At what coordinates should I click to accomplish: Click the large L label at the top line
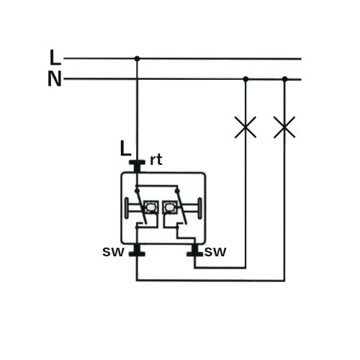[x=55, y=58]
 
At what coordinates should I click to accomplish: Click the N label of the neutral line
[x=55, y=78]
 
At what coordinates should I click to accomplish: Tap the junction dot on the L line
[x=137, y=58]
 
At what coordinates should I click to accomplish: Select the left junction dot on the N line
[x=246, y=78]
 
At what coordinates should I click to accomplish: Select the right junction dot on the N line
[x=284, y=78]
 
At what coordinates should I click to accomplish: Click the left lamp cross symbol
[x=246, y=127]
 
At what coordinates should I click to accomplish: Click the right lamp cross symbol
[x=284, y=127]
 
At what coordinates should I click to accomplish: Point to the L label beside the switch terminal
[x=125, y=148]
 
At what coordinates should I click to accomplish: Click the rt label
[x=156, y=160]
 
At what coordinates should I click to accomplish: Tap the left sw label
[x=113, y=252]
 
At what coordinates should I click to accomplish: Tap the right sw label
[x=215, y=252]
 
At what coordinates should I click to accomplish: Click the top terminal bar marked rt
[x=137, y=162]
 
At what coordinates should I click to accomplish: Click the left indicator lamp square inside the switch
[x=150, y=207]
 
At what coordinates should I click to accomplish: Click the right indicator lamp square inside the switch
[x=169, y=207]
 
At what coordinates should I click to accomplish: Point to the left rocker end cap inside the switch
[x=127, y=208]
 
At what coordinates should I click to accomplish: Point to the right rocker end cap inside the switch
[x=199, y=208]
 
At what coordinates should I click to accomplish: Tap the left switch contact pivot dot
[x=137, y=191]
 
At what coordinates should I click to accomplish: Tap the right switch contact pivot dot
[x=177, y=191]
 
